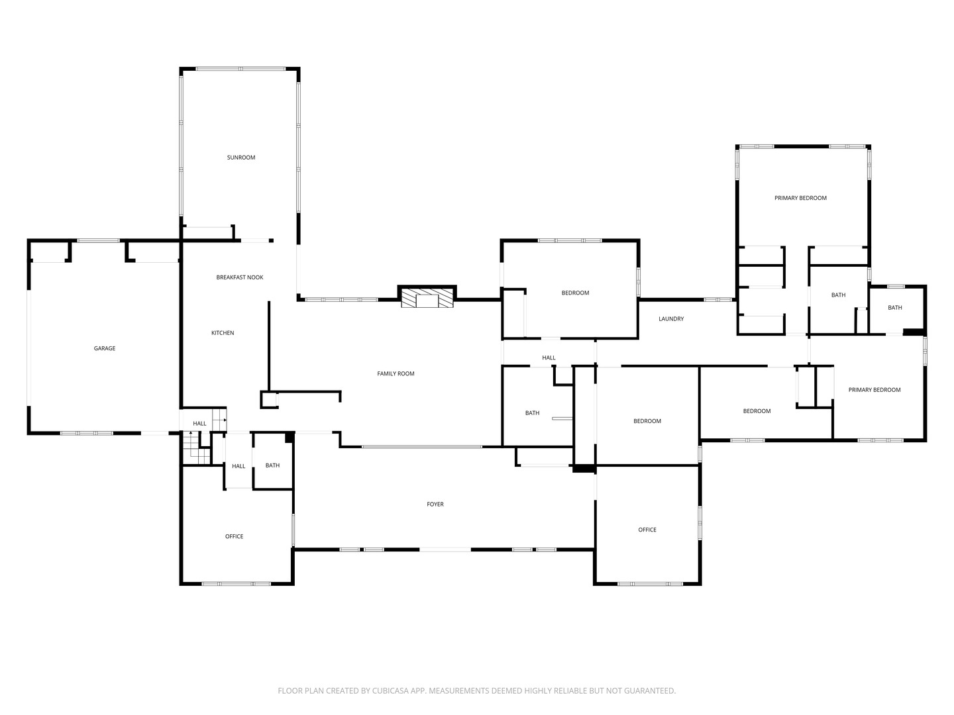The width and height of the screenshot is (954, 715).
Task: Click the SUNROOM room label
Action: point(240,158)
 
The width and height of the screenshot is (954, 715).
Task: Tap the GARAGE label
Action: point(104,348)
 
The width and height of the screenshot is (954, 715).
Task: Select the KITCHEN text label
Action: point(223,333)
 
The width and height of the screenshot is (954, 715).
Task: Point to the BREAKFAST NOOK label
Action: point(239,277)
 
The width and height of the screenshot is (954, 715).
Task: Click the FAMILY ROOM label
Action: point(396,373)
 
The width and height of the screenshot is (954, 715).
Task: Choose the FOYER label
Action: point(435,504)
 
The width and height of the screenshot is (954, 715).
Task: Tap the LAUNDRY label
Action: point(671,318)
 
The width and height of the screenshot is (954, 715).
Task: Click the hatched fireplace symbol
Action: point(427,299)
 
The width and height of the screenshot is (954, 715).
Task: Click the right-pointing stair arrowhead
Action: point(225,420)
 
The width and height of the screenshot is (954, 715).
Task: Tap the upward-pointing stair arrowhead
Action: point(190,433)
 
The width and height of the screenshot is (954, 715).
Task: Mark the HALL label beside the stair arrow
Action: point(199,423)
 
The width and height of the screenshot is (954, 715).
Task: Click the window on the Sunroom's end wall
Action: point(240,69)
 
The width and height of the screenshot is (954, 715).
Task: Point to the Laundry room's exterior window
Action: point(718,299)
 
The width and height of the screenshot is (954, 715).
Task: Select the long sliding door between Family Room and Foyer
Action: point(421,447)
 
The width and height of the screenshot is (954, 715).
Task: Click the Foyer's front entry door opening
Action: point(445,549)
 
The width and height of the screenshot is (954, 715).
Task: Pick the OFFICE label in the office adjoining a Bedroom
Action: point(647,530)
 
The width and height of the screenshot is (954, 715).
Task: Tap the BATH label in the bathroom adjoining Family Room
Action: point(532,413)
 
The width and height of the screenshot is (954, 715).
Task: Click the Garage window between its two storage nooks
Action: point(98,240)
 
